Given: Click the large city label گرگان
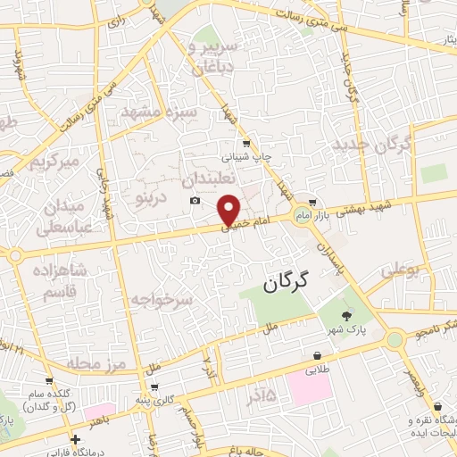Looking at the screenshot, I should point(285,283).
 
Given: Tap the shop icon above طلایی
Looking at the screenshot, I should point(318,355).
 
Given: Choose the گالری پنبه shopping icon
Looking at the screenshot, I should point(155,387).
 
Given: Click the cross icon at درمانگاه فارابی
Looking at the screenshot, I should point(76,439).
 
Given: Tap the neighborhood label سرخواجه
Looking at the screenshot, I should point(161,299).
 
